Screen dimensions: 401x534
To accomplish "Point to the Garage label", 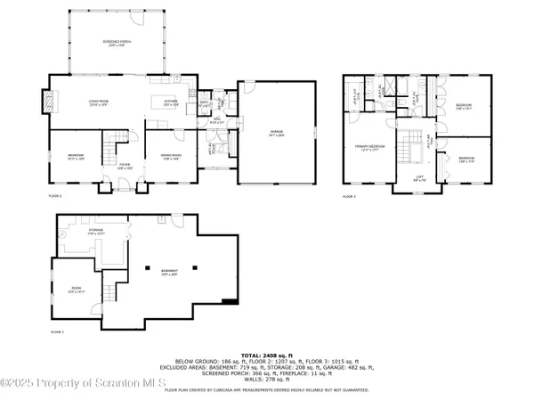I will [x=277, y=132].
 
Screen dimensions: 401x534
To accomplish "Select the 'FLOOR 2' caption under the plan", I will [x=56, y=195].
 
